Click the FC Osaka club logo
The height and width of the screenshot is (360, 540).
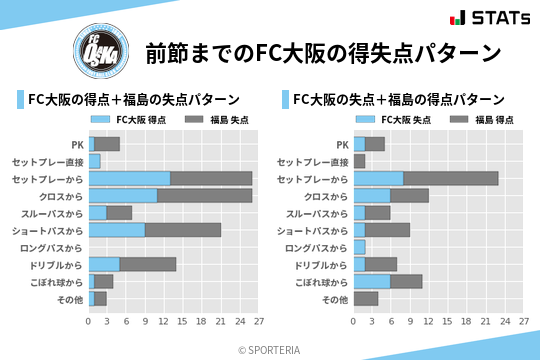click(100, 49)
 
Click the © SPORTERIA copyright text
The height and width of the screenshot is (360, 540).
click(270, 349)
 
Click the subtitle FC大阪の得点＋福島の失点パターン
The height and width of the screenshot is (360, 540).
click(133, 99)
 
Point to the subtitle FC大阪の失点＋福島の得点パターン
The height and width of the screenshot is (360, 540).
click(397, 99)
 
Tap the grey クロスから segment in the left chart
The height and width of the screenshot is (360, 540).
click(204, 195)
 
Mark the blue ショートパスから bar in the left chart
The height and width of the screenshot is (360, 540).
click(116, 230)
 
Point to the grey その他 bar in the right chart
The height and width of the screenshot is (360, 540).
click(365, 298)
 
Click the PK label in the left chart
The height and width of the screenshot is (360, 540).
click(78, 144)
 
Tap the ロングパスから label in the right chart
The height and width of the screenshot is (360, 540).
click(317, 247)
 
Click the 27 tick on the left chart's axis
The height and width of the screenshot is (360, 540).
click(258, 322)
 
